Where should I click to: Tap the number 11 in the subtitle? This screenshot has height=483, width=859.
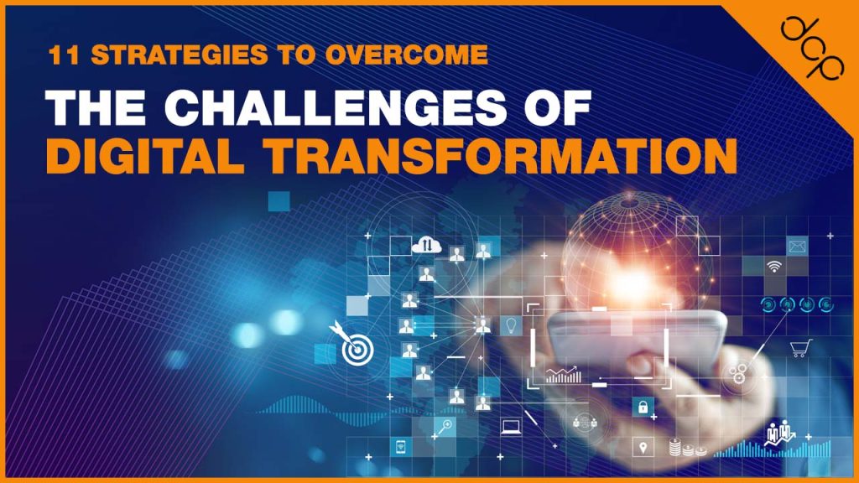(61, 57)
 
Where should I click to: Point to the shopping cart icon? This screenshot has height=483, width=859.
(800, 349)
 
